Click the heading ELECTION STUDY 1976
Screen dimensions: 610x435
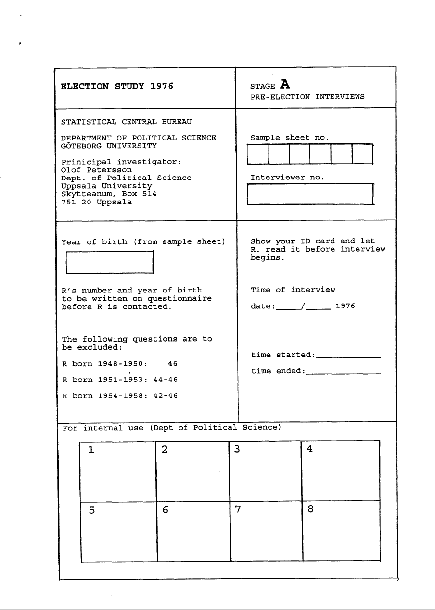[x=117, y=87]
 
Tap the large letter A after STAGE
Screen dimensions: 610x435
[x=285, y=85]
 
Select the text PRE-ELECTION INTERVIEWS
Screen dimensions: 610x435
[x=307, y=97]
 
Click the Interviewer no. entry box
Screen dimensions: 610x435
[x=310, y=194]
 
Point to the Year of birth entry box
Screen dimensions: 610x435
[x=109, y=263]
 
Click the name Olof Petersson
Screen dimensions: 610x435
[x=96, y=170]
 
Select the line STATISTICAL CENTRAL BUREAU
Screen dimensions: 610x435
[x=126, y=122]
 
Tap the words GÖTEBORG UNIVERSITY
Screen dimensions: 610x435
[x=109, y=146]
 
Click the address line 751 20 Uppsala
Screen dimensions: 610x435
[x=96, y=202]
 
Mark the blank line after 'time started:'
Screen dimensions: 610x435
[x=348, y=356]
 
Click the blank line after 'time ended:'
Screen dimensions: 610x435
[x=344, y=372]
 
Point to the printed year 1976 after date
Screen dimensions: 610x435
[x=345, y=306]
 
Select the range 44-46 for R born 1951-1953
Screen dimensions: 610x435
[x=165, y=380]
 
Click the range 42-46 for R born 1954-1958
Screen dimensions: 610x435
[x=165, y=396]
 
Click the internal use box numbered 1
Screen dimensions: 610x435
[x=118, y=470]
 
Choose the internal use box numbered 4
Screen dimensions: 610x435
[x=341, y=470]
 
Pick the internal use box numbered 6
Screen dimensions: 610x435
[x=193, y=531]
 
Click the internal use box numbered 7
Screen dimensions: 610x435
[x=267, y=531]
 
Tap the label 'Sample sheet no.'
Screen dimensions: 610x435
[x=290, y=138]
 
